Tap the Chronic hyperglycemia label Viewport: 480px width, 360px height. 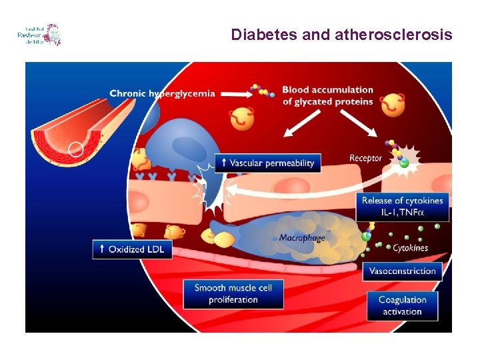[162, 93]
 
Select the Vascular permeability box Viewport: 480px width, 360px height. [268, 163]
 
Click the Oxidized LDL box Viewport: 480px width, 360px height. [132, 249]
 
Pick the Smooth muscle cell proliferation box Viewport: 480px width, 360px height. [233, 294]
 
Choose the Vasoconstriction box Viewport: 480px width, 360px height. [402, 271]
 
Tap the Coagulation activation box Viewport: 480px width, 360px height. [402, 306]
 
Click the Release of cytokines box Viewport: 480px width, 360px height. [402, 207]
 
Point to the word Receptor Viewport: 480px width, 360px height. [365, 158]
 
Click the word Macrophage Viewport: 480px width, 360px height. [301, 238]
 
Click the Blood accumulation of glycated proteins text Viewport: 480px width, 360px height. [327, 95]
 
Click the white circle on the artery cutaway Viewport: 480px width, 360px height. [77, 149]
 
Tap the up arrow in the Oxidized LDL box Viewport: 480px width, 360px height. [101, 249]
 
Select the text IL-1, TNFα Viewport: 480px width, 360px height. [403, 213]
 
